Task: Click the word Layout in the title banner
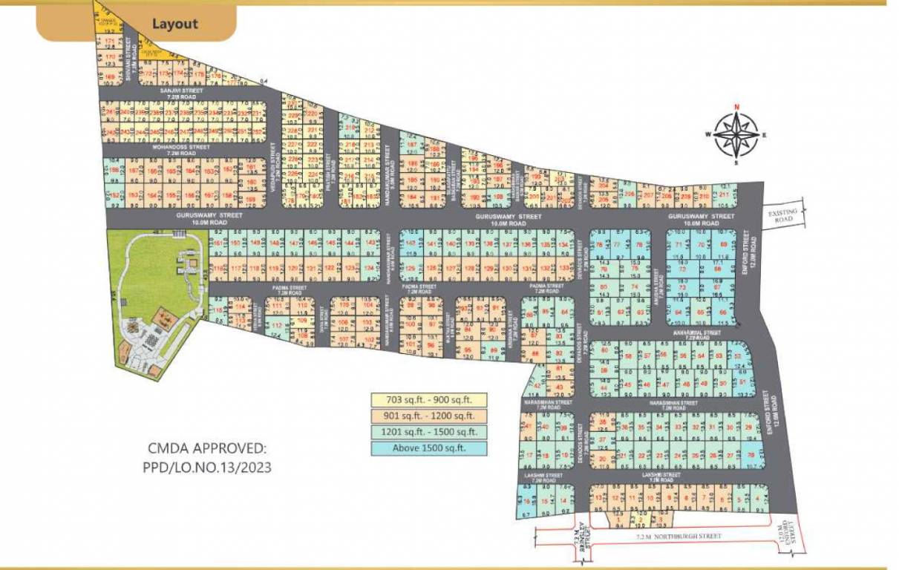coord(174,24)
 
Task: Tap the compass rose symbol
coord(736,135)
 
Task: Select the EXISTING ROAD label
coord(784,217)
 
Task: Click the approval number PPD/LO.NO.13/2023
coord(207,468)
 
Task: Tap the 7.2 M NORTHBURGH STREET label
coord(679,535)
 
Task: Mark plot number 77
coord(616,244)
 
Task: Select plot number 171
coord(110,42)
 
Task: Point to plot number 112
coord(276,327)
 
